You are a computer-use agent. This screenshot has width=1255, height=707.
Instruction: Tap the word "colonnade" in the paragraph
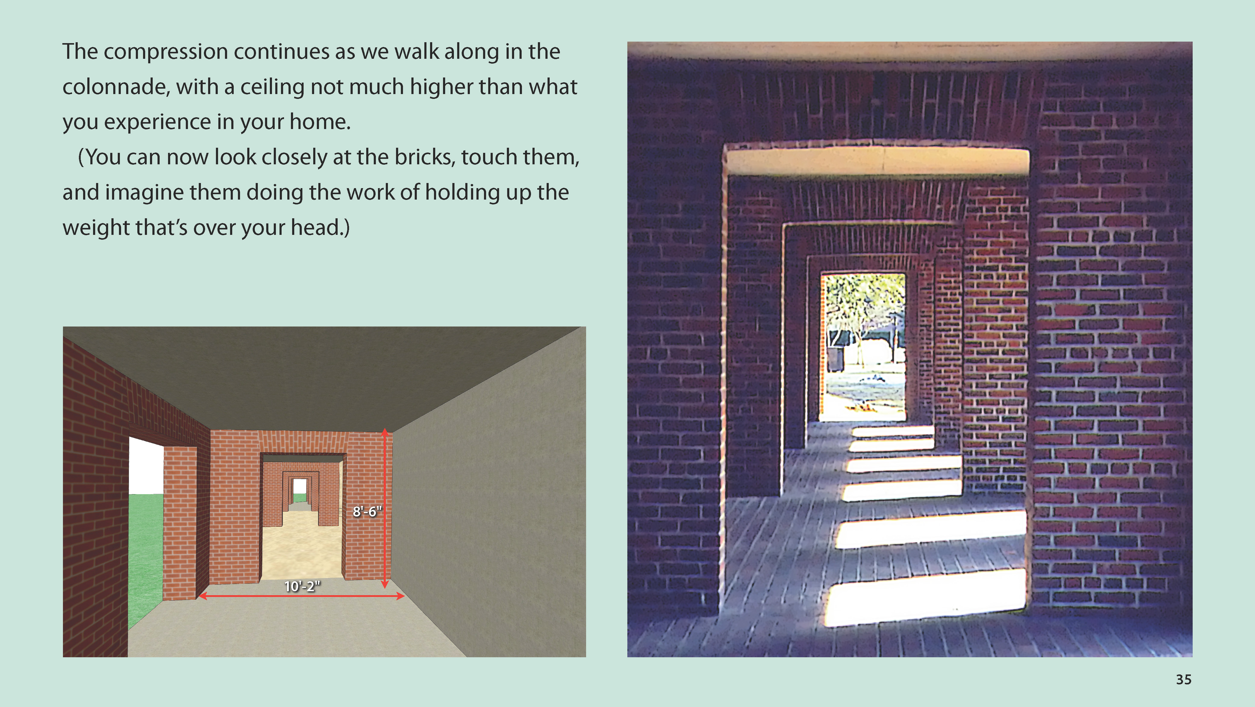(x=116, y=87)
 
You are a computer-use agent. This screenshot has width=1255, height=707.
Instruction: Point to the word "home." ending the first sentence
(x=320, y=122)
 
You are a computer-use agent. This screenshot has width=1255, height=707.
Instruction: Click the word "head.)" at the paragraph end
(x=320, y=228)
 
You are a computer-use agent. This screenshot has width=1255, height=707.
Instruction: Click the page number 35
(x=1183, y=680)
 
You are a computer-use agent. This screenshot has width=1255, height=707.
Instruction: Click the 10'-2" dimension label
(x=302, y=586)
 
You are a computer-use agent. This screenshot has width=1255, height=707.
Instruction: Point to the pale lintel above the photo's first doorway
(x=877, y=161)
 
